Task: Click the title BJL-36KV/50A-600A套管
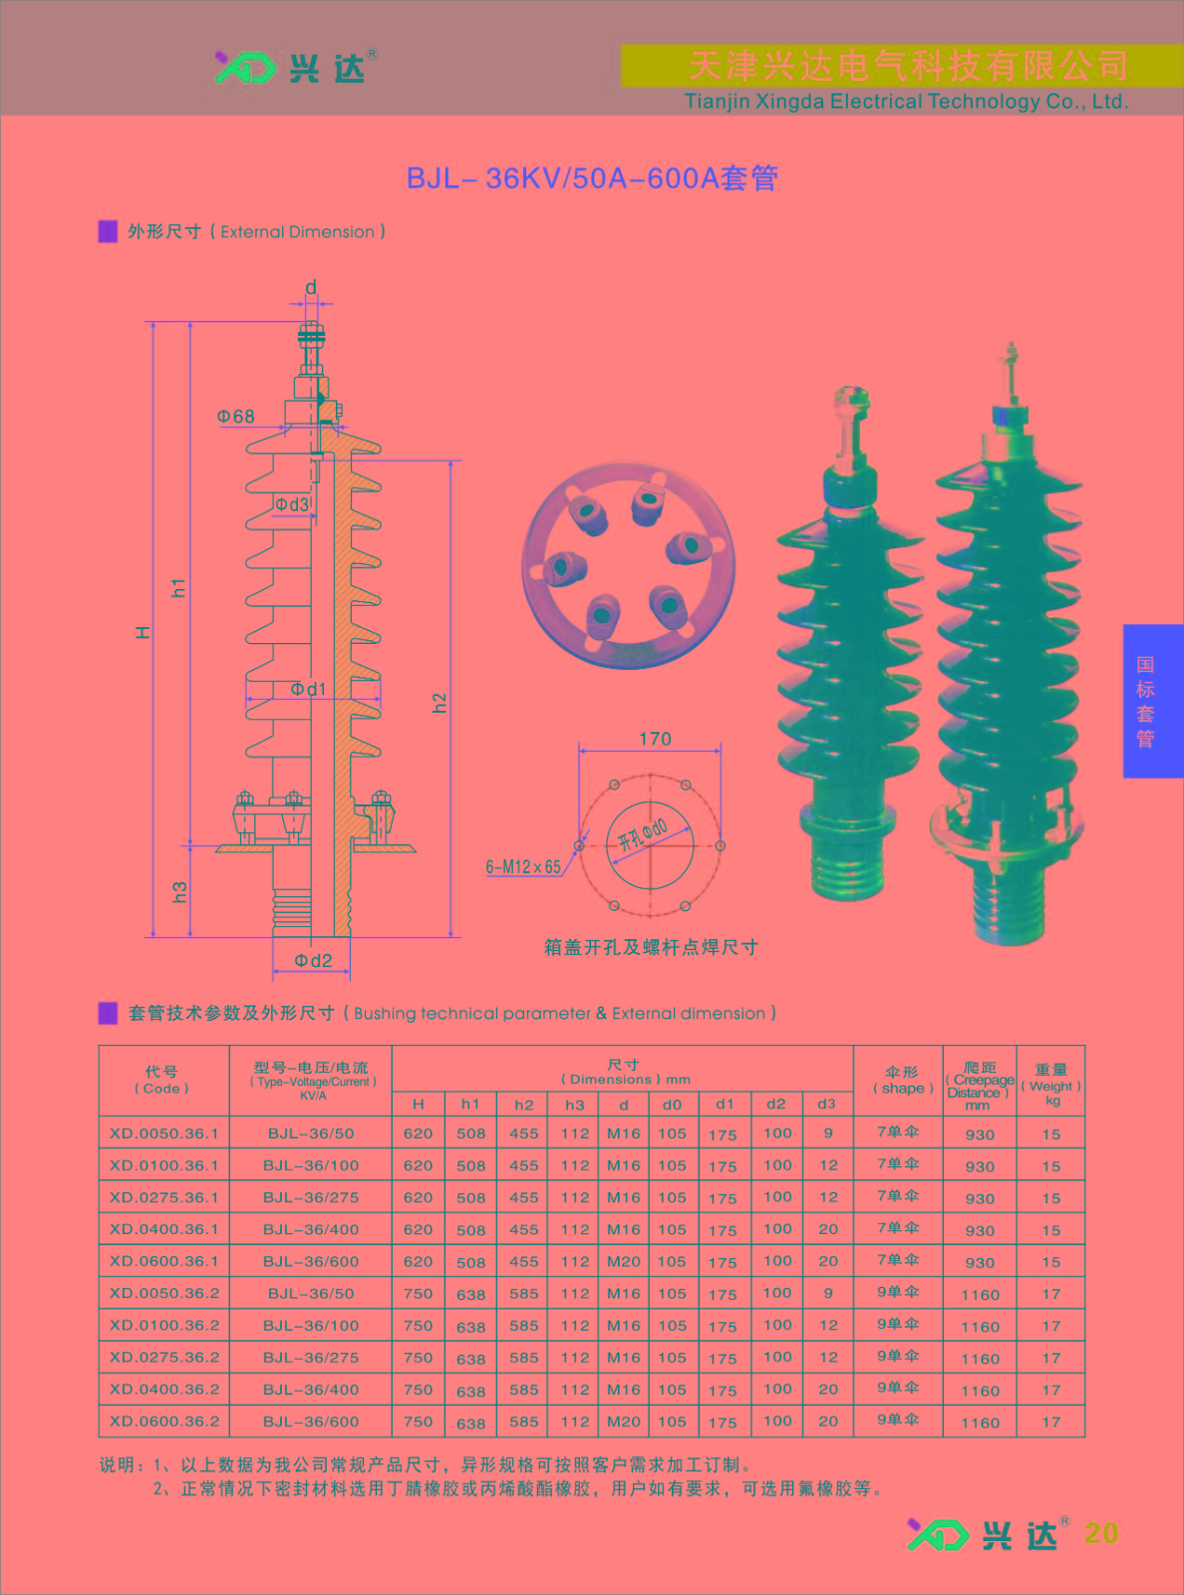592,177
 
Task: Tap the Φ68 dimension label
236,417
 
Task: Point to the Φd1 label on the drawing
308,689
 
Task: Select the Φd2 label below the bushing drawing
313,961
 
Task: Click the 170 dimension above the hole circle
655,739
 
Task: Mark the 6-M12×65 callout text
523,866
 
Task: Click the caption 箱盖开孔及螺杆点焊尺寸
651,947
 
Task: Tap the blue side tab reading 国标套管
1152,701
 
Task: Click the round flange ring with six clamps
628,565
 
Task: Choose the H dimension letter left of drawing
144,632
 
